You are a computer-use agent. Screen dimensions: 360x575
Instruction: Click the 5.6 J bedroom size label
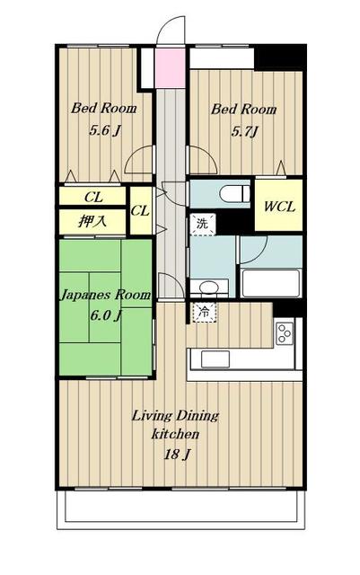[x=105, y=129]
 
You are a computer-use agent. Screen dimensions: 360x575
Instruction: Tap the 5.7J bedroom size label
[x=244, y=131]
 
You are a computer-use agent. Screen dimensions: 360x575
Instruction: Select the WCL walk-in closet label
[x=279, y=207]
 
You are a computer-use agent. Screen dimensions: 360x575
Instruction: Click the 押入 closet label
[x=92, y=221]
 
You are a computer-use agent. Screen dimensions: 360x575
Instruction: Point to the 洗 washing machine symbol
[x=202, y=224]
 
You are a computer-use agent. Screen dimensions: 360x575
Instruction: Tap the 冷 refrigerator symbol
[x=204, y=313]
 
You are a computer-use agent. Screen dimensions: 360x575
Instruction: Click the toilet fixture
[x=234, y=193]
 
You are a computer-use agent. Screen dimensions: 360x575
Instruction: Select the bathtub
[x=271, y=283]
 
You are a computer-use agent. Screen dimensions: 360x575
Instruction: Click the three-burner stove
[x=285, y=333]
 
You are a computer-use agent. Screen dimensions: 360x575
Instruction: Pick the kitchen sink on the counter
[x=215, y=359]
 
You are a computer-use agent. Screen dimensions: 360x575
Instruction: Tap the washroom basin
[x=209, y=287]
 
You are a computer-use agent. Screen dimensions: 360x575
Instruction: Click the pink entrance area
[x=170, y=68]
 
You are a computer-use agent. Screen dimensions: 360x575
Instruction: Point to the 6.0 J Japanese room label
[x=106, y=315]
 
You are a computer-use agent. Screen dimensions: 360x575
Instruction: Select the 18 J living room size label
[x=177, y=455]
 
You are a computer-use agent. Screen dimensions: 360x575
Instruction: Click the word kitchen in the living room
[x=175, y=434]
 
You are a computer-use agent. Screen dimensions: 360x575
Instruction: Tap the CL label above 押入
[x=94, y=198]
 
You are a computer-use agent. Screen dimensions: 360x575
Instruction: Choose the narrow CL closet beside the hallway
[x=141, y=210]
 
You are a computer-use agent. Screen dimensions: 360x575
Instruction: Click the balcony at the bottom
[x=180, y=509]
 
